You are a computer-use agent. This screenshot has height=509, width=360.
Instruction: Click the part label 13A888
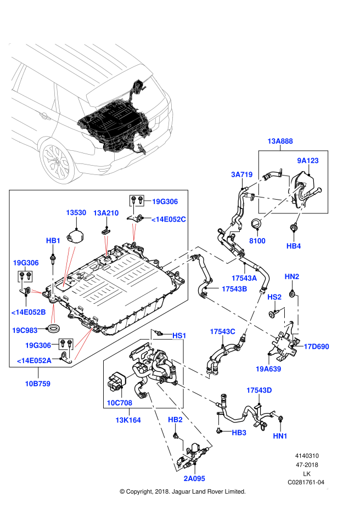[280, 142]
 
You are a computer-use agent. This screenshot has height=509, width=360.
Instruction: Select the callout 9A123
[308, 161]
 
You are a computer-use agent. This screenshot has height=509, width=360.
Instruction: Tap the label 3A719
[241, 175]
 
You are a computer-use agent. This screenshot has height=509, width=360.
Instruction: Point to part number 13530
[76, 213]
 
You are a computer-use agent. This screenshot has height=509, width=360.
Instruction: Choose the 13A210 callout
[106, 213]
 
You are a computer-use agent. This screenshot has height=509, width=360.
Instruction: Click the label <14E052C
[168, 219]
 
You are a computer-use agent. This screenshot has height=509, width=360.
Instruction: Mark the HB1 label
[53, 241]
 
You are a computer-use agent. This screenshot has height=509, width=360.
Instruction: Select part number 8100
[257, 241]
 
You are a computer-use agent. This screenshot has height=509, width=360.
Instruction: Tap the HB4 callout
[294, 246]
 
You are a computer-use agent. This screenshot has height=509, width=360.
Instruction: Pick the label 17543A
[244, 279]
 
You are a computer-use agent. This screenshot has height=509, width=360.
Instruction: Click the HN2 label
[292, 276]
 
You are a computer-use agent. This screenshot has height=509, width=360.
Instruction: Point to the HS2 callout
[274, 297]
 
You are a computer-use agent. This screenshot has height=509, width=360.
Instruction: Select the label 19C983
[25, 331]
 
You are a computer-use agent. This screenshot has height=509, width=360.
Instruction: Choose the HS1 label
[179, 336]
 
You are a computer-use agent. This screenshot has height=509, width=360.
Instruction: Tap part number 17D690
[316, 347]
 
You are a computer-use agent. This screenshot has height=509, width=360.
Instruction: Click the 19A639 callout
[268, 369]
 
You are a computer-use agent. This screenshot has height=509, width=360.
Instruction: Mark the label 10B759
[37, 384]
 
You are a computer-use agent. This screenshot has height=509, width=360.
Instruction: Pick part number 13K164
[128, 421]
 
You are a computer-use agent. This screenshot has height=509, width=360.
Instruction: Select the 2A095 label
[194, 479]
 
